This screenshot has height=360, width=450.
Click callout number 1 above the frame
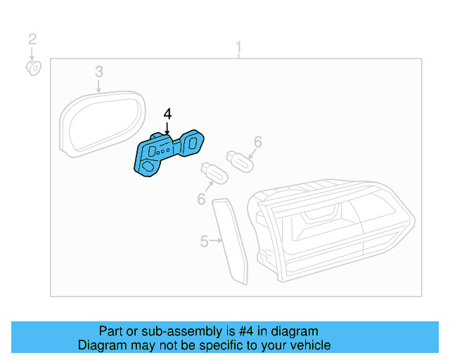238,47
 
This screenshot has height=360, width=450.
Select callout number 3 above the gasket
99,71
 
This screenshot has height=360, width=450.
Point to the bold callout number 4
167,114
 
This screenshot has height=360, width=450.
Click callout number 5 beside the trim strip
204,241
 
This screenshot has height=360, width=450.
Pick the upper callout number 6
258,142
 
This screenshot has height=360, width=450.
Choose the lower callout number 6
202,200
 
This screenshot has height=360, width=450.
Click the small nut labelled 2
33,68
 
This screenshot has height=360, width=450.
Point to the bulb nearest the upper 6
238,160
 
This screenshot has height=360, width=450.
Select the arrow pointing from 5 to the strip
216,241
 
